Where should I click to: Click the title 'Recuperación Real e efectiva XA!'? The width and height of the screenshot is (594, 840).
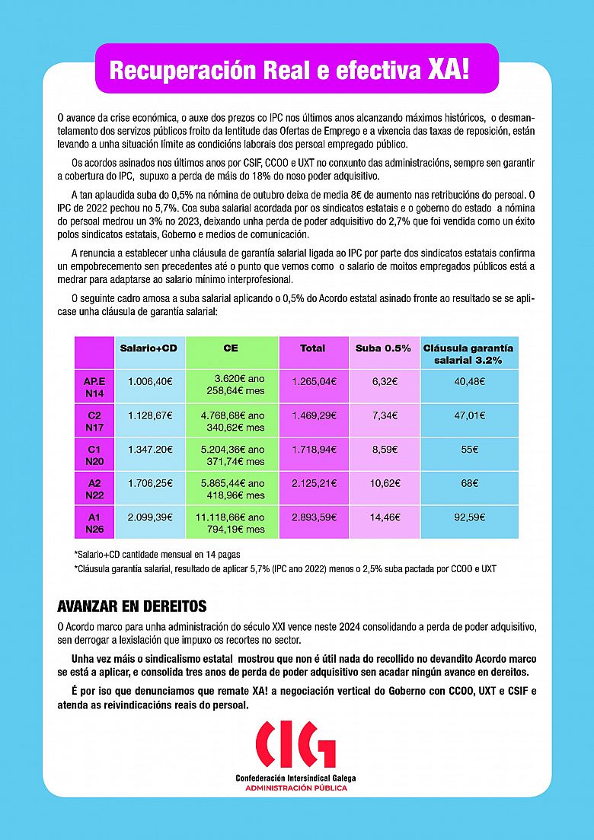pyautogui.click(x=289, y=70)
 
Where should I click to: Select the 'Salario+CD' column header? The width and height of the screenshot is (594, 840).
pyautogui.click(x=148, y=348)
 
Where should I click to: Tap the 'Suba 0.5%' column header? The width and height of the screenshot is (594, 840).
pyautogui.click(x=383, y=348)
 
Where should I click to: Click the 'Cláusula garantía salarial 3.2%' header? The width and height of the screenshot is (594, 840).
pyautogui.click(x=468, y=354)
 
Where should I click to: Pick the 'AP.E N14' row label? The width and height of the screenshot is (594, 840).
pyautogui.click(x=94, y=387)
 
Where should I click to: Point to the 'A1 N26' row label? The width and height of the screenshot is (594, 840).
pyautogui.click(x=94, y=523)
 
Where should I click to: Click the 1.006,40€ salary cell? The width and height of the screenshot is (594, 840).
pyautogui.click(x=150, y=381)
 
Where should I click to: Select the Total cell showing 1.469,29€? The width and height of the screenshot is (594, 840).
pyautogui.click(x=313, y=415)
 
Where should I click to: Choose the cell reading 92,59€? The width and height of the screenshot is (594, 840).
pyautogui.click(x=469, y=517)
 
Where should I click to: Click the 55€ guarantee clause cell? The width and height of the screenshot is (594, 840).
pyautogui.click(x=469, y=450)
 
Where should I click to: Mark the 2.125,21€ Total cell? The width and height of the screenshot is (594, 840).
pyautogui.click(x=313, y=483)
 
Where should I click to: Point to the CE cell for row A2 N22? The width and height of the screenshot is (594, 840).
pyautogui.click(x=232, y=489)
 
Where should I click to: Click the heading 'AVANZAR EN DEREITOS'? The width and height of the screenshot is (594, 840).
pyautogui.click(x=132, y=607)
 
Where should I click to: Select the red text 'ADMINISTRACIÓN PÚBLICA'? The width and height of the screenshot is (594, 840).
pyautogui.click(x=295, y=787)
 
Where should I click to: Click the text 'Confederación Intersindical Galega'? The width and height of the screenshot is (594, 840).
pyautogui.click(x=295, y=778)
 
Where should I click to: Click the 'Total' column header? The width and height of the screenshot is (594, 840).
pyautogui.click(x=312, y=348)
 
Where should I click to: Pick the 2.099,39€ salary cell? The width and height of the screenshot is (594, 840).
pyautogui.click(x=150, y=517)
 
